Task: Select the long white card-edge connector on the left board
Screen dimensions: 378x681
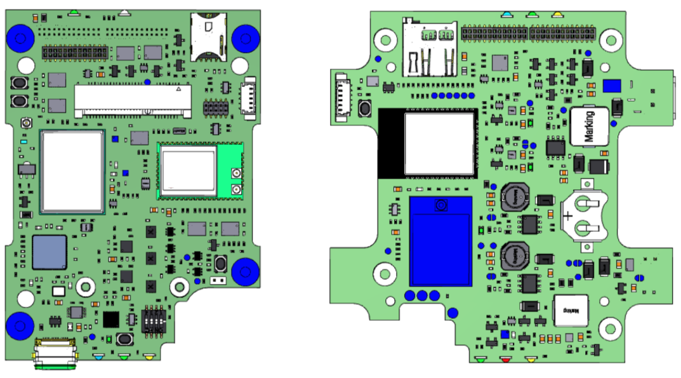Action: [x=133, y=100]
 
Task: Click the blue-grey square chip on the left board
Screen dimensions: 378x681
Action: [x=50, y=252]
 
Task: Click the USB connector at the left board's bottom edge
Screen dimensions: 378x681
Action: [x=56, y=353]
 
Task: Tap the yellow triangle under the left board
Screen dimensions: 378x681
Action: [x=149, y=358]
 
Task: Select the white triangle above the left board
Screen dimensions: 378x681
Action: [x=125, y=11]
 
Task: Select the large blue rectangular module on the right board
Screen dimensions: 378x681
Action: [x=441, y=241]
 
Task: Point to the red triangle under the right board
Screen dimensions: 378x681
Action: [x=506, y=360]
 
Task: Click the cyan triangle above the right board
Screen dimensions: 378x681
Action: [x=506, y=13]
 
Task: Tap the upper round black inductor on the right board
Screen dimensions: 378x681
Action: [x=514, y=196]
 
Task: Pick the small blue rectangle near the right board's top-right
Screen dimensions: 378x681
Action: [x=612, y=86]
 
